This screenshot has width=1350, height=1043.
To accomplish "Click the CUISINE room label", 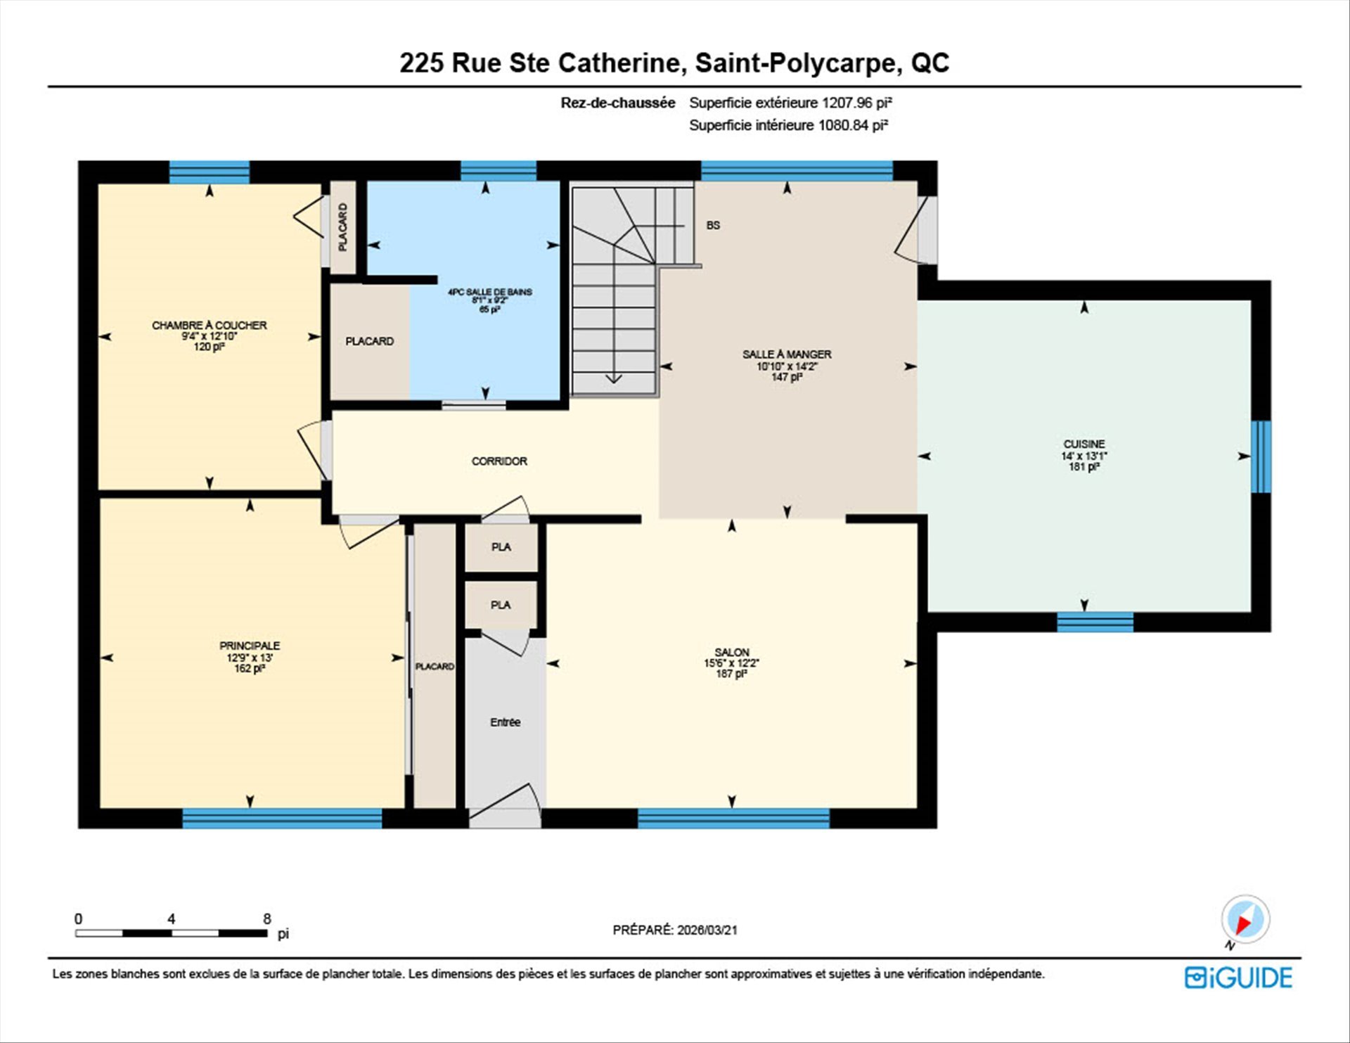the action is (1084, 444).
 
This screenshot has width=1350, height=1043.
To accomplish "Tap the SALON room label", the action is (731, 652).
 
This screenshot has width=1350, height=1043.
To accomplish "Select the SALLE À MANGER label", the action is (787, 354).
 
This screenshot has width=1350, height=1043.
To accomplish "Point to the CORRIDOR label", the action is (499, 461).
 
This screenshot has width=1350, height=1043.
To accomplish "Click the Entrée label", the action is (505, 722).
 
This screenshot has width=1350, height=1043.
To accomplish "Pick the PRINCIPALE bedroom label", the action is (250, 646).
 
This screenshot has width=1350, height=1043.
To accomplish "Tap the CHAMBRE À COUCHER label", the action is (209, 326).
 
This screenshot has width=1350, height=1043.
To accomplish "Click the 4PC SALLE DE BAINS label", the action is (489, 292).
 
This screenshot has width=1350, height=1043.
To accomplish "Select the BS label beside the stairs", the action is (713, 226).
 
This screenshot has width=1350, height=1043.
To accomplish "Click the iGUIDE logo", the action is (1238, 978).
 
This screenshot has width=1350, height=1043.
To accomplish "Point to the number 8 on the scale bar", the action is (266, 919).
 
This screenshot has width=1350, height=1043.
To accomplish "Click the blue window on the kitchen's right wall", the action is (1261, 456).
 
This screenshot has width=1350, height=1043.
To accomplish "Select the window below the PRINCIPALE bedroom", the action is (282, 819).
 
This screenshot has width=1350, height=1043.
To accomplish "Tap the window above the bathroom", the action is (499, 171).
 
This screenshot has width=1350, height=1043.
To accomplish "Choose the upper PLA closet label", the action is (501, 547).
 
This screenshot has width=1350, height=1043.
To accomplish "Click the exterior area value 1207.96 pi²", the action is (857, 103).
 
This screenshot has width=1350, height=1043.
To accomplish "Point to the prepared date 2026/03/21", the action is (707, 930).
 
